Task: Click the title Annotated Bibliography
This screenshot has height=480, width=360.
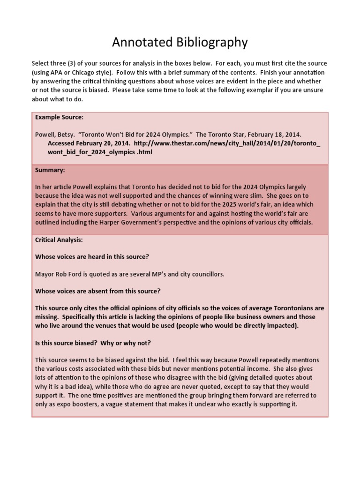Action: pyautogui.click(x=180, y=43)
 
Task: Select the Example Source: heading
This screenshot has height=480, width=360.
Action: pyautogui.click(x=59, y=117)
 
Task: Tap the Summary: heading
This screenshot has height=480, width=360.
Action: pyautogui.click(x=50, y=171)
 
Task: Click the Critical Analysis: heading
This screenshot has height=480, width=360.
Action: pyautogui.click(x=59, y=240)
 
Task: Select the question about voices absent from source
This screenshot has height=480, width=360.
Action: pyautogui.click(x=98, y=291)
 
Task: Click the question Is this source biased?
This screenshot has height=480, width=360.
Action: pyautogui.click(x=93, y=343)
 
